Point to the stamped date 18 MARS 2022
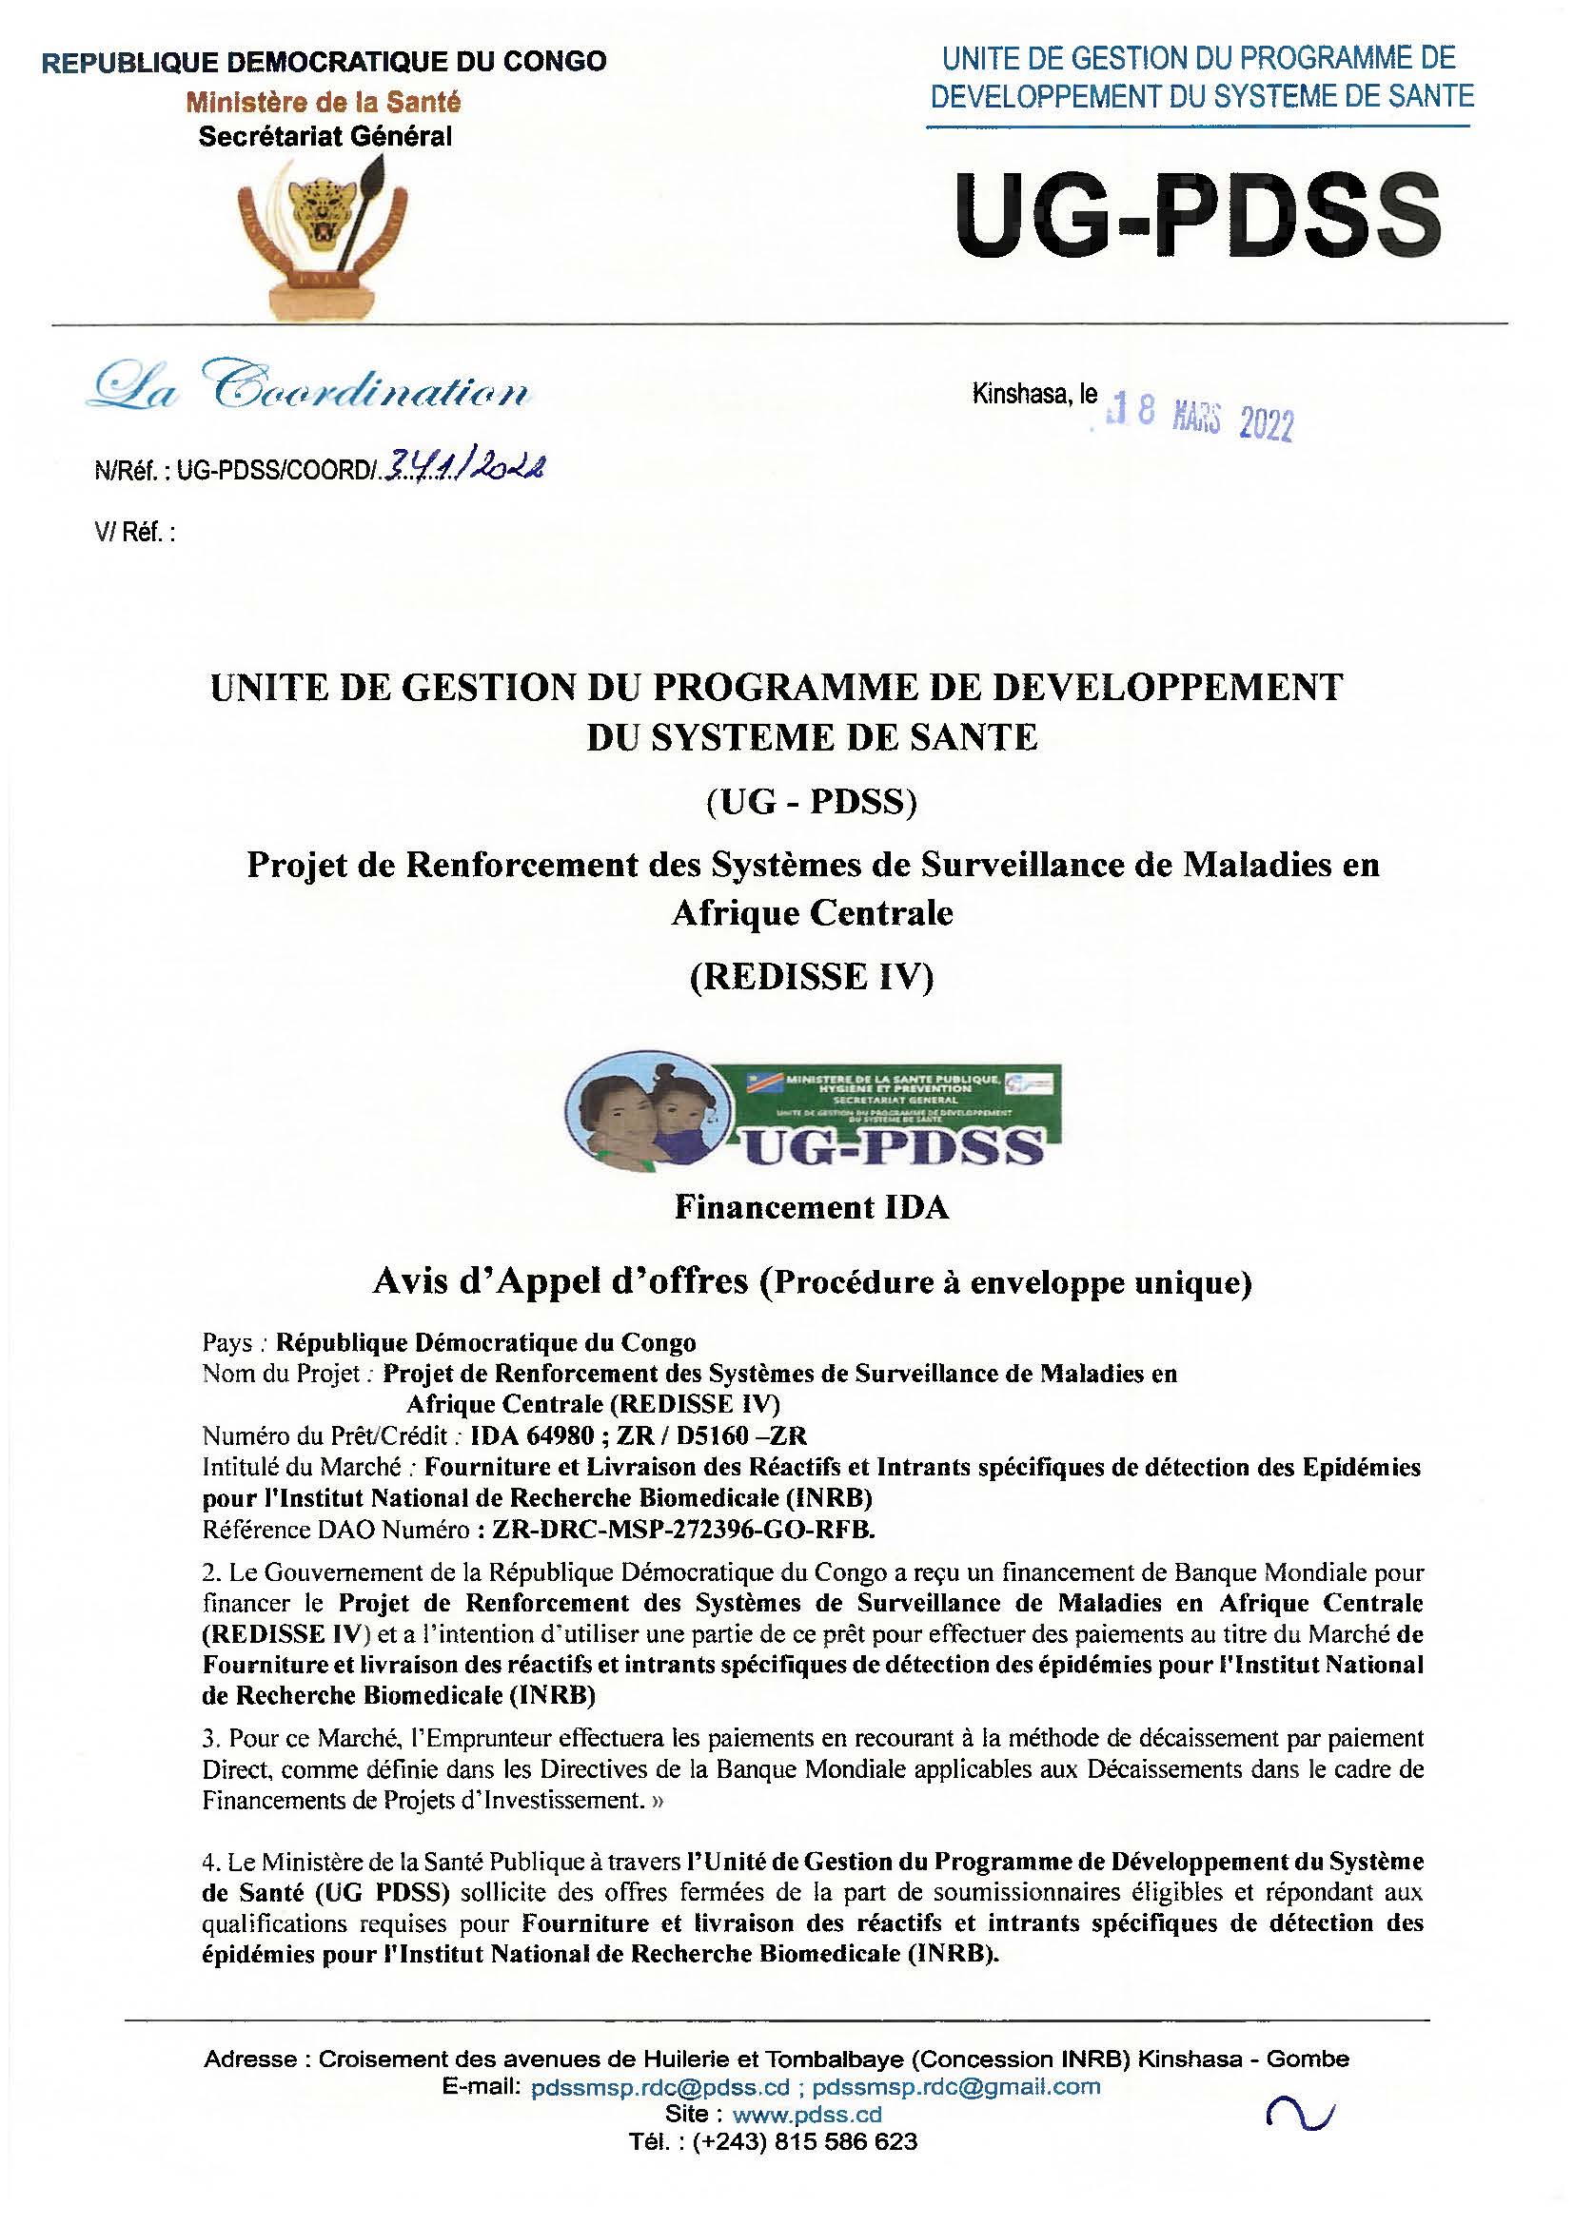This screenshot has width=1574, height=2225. (1201, 418)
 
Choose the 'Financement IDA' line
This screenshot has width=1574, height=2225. (811, 1207)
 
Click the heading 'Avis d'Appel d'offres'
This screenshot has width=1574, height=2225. (561, 1282)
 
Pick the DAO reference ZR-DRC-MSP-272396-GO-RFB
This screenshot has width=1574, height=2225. (683, 1530)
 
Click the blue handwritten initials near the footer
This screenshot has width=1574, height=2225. (1300, 2113)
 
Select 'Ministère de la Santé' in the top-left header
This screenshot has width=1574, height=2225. (324, 102)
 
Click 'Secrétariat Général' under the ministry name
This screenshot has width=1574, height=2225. (325, 137)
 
